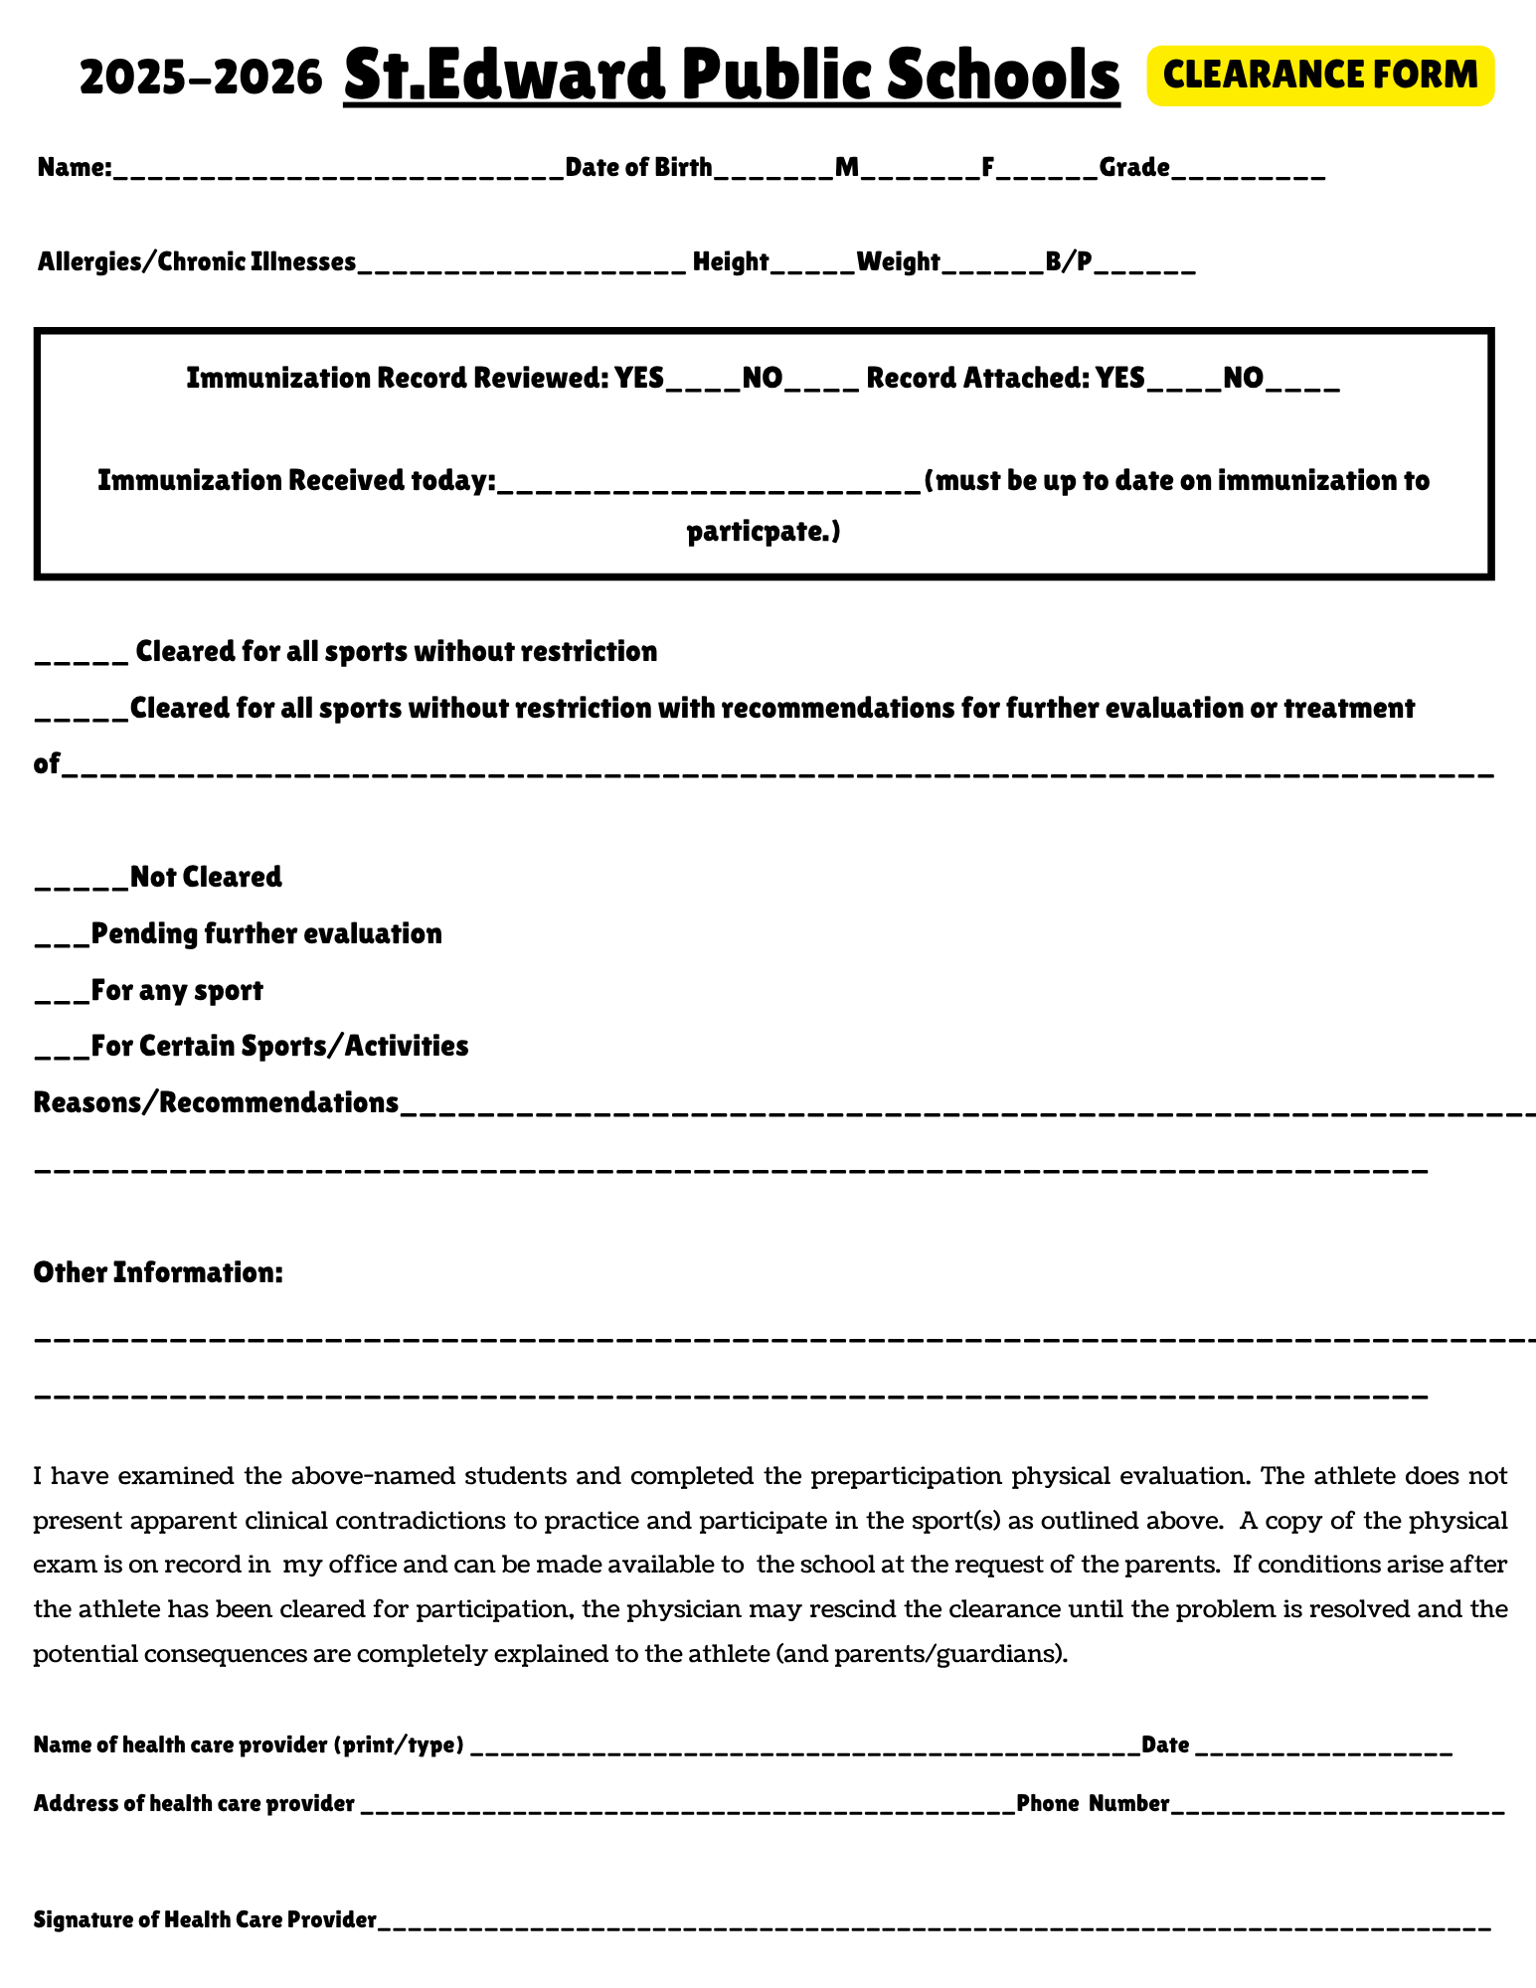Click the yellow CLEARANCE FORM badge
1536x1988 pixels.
click(x=1319, y=76)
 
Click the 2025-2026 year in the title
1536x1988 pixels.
click(x=201, y=78)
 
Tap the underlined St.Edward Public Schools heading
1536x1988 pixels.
click(x=732, y=76)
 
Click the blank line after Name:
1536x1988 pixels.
click(x=338, y=171)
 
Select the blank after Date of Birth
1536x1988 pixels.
click(x=773, y=171)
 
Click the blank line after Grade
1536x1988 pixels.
click(x=1248, y=171)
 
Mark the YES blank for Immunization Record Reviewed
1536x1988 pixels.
click(x=703, y=383)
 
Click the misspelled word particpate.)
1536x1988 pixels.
click(x=764, y=533)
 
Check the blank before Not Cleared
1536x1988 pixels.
click(x=82, y=881)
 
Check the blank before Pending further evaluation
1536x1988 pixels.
click(x=62, y=937)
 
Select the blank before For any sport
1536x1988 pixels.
click(x=62, y=994)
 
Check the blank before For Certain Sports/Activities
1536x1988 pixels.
click(x=62, y=1050)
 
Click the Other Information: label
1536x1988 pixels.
click(x=158, y=1272)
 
